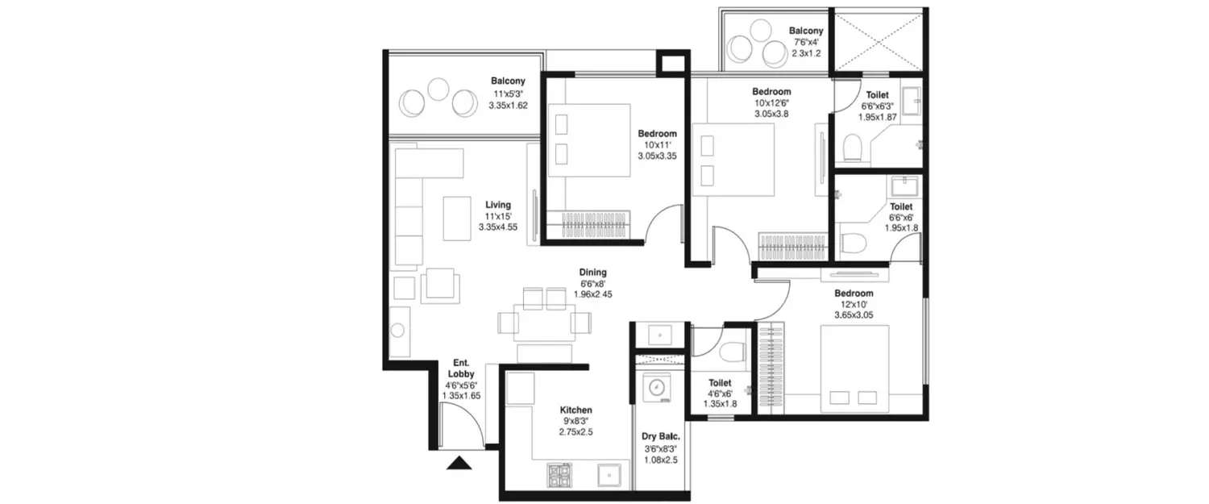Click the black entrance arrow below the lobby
pos(459,463)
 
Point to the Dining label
pos(592,273)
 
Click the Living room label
pos(498,205)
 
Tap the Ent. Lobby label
pos(461,369)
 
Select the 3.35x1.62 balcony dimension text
pos(508,106)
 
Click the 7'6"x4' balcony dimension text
pos(805,43)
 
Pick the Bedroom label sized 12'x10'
pos(854,294)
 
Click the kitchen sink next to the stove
pos(609,476)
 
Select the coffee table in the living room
pos(457,218)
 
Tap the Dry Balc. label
pos(660,437)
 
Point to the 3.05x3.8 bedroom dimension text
pos(771,115)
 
